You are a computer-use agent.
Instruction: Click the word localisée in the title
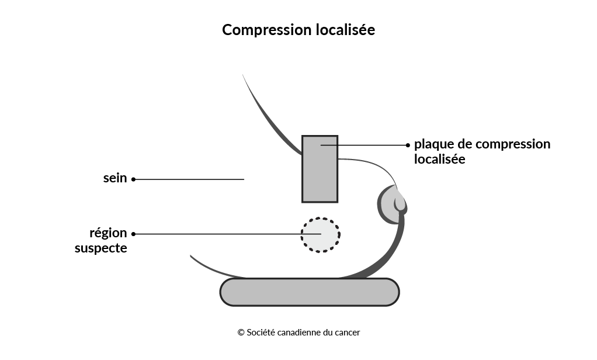pos(345,29)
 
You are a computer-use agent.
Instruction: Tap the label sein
pos(115,178)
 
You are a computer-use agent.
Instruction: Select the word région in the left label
pos(108,233)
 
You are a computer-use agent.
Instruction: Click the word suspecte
pos(101,248)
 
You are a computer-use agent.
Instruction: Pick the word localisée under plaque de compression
pos(440,159)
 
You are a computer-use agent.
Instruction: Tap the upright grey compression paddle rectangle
pos(320,169)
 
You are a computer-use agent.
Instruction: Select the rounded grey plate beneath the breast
pos(310,292)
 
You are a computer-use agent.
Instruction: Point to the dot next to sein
pos(134,179)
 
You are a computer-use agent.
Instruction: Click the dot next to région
pos(134,234)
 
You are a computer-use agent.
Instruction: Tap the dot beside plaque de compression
pos(408,145)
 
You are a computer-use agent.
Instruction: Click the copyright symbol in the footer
pos(241,333)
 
